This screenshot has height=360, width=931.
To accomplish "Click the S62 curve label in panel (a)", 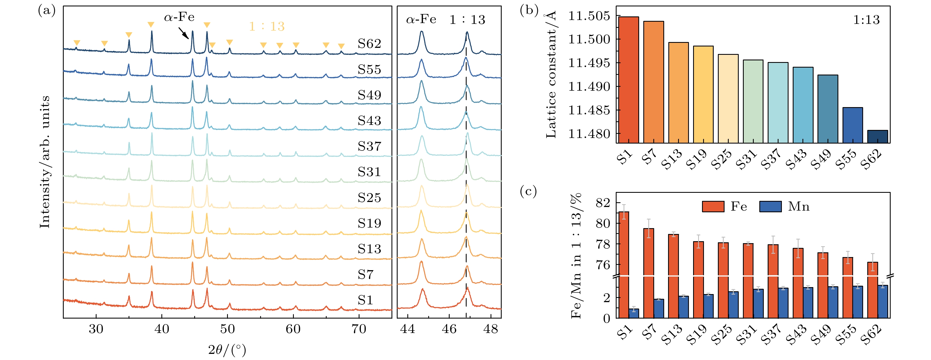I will click(x=369, y=44).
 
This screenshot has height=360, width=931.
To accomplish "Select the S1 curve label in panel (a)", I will click(x=365, y=300).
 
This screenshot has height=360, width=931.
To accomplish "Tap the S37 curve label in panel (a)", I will click(x=369, y=146).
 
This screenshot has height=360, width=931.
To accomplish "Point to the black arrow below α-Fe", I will click(x=184, y=33).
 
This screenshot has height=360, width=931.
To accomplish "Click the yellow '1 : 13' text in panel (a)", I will click(x=267, y=26).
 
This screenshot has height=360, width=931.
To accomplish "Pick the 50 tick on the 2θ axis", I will click(x=227, y=329).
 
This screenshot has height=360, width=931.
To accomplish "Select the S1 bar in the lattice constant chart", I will click(x=629, y=80).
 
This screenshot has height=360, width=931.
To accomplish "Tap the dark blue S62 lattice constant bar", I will click(x=878, y=137).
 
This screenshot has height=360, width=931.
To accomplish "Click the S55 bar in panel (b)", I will click(x=853, y=125).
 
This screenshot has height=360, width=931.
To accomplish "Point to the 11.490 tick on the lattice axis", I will click(x=589, y=87).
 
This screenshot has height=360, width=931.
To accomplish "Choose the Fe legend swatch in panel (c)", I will click(x=713, y=206).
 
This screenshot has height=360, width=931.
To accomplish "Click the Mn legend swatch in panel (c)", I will click(x=770, y=206).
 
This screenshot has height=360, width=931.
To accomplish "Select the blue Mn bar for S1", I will click(x=634, y=313).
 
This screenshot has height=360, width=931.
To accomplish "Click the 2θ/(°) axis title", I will click(x=227, y=349).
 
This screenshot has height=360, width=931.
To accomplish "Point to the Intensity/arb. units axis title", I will click(x=45, y=162).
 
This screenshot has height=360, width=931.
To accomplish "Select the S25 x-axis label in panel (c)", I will click(x=722, y=334).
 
